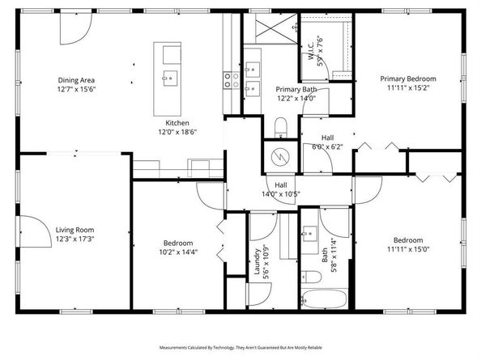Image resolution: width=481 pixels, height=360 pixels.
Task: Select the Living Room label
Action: click(x=74, y=230)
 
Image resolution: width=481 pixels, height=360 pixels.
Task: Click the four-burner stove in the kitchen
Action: click(x=229, y=78)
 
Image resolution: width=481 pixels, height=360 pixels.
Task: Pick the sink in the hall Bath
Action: click(x=308, y=237)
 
